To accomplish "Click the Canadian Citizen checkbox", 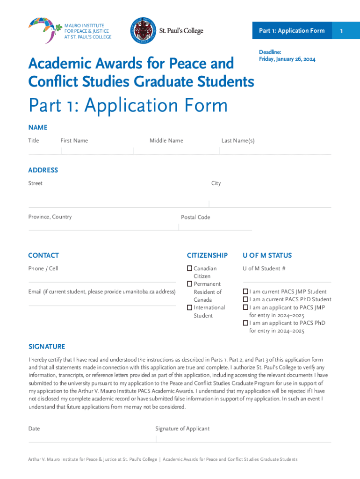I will pos(189,269).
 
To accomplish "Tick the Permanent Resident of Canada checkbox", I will pos(189,284).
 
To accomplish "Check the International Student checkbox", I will pos(189,307).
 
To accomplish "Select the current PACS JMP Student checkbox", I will pos(245,291).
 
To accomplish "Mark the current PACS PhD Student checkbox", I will pos(245,299).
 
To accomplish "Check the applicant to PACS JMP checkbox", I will pos(245,307).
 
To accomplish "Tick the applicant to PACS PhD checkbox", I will pos(245,323).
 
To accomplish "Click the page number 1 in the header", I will pos(342,31).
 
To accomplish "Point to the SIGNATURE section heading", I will pos(47,347).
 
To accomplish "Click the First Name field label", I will pos(74,141).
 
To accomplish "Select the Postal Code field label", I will pos(195,217).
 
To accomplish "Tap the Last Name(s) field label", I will pos(238,141).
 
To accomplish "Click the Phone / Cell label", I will pos(43,269).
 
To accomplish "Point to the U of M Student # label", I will pos(264,269).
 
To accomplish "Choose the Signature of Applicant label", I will pos(182,428).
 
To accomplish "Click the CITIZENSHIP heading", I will pos(207,255).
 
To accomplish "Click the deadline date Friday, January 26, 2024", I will pos(287,59).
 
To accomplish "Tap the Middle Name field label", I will pos(166,141).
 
